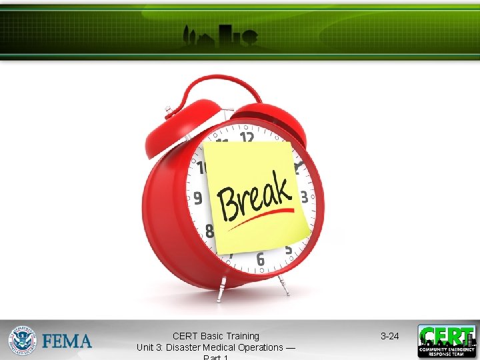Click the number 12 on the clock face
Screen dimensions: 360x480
(247, 138)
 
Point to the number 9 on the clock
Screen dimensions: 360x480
(197, 198)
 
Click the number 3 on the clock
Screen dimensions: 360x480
(304, 197)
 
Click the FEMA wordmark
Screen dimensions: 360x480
(67, 341)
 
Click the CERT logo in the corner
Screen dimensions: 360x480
(447, 341)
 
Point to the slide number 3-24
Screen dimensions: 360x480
(389, 336)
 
